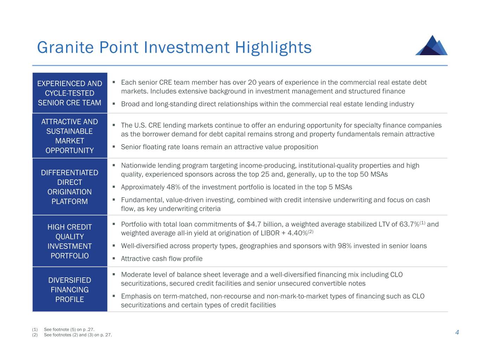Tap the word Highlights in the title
click(273, 47)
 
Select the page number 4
click(457, 333)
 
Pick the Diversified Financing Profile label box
click(70, 290)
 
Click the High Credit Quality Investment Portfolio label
click(70, 241)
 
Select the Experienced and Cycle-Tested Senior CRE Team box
click(70, 93)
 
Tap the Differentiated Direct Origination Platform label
click(70, 187)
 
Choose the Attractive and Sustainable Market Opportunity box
click(70, 136)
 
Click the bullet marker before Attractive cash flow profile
click(114, 258)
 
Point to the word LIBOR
click(269, 233)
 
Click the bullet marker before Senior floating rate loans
click(114, 147)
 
